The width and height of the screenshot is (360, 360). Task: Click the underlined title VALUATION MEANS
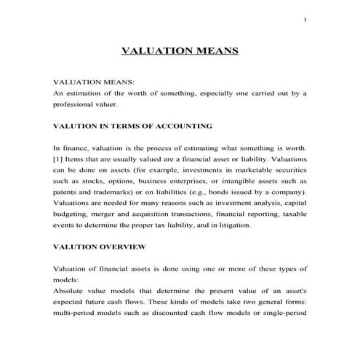[x=179, y=52]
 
